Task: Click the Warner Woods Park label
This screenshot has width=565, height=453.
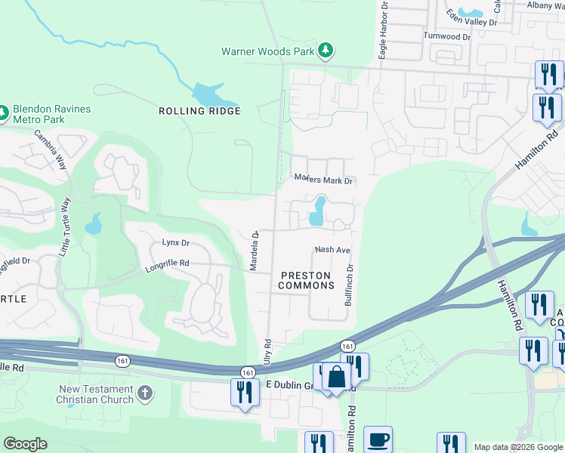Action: (x=268, y=52)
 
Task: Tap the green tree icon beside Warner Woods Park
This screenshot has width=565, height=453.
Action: (x=326, y=51)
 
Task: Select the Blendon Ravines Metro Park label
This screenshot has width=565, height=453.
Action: (x=51, y=114)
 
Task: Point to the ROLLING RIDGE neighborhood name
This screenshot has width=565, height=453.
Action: (x=199, y=111)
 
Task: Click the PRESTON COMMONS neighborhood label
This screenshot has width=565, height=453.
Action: (x=306, y=280)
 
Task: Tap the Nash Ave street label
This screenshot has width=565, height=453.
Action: (x=332, y=250)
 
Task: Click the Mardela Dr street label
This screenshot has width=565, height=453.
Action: (x=255, y=251)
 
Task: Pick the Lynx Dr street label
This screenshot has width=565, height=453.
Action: (x=175, y=243)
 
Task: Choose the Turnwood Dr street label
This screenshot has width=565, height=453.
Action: (x=447, y=36)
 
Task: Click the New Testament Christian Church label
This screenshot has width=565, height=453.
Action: (x=96, y=394)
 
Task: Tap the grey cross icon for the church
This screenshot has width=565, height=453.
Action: (x=146, y=394)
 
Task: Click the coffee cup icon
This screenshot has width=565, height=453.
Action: (x=378, y=439)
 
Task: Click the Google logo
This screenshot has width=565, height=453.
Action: (x=26, y=444)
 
